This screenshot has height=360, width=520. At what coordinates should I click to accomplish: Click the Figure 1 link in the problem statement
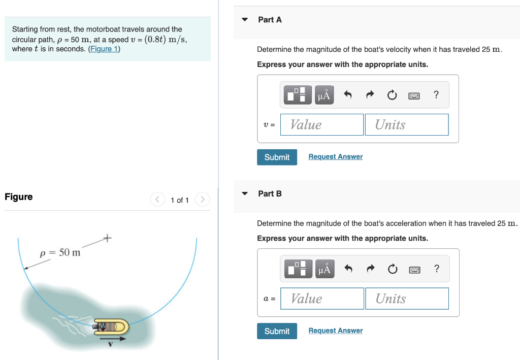(x=104, y=49)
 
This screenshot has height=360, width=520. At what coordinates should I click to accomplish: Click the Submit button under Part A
(x=277, y=157)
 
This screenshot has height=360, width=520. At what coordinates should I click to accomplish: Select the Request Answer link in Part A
(x=335, y=157)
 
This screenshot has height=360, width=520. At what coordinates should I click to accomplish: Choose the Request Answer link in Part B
(x=335, y=331)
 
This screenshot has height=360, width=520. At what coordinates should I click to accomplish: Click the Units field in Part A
(x=406, y=125)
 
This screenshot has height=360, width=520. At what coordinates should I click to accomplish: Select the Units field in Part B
(x=406, y=299)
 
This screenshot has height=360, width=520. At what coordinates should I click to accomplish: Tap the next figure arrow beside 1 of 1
(x=202, y=200)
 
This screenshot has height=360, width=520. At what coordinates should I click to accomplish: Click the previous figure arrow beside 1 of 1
(x=157, y=200)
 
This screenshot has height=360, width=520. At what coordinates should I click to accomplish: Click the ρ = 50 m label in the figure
(x=60, y=252)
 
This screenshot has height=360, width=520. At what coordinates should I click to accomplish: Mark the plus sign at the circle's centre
(x=107, y=237)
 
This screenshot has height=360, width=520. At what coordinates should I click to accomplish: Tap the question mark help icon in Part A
(x=436, y=94)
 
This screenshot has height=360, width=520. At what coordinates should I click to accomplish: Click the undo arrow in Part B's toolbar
(x=348, y=269)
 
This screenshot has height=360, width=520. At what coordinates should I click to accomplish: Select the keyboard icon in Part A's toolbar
(x=414, y=95)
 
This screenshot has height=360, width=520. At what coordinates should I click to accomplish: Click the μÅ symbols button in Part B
(x=324, y=269)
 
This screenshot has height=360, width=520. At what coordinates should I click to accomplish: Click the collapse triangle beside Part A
(x=245, y=20)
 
